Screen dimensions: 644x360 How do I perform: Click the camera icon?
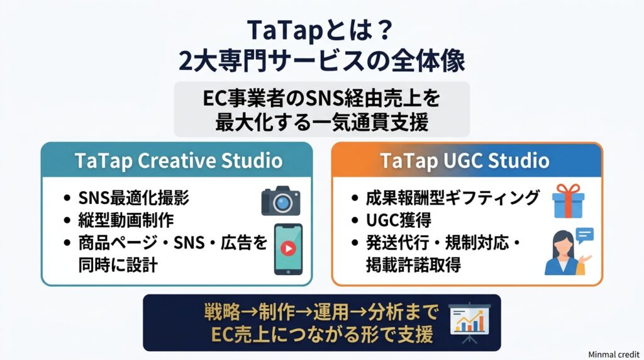[281, 201]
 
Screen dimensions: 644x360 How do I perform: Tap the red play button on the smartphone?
[288, 248]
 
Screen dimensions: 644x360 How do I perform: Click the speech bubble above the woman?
[585, 235]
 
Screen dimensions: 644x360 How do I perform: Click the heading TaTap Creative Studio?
[179, 160]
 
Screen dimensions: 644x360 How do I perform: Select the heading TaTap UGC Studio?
[465, 160]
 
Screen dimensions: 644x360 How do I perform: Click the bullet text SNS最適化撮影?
[133, 198]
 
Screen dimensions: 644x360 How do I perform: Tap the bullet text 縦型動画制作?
[126, 220]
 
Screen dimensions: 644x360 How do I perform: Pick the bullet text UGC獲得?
[398, 220]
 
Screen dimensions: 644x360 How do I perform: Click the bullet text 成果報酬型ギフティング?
[452, 198]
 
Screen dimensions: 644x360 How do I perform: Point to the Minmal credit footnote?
[614, 354]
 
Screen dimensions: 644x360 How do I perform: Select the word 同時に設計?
[118, 265]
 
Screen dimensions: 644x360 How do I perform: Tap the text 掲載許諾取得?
[413, 265]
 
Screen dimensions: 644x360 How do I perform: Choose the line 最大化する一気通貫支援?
[322, 122]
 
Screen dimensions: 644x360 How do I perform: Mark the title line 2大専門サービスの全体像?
[322, 61]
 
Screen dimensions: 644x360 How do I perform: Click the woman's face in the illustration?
[563, 243]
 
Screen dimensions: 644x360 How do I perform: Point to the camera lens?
[282, 203]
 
